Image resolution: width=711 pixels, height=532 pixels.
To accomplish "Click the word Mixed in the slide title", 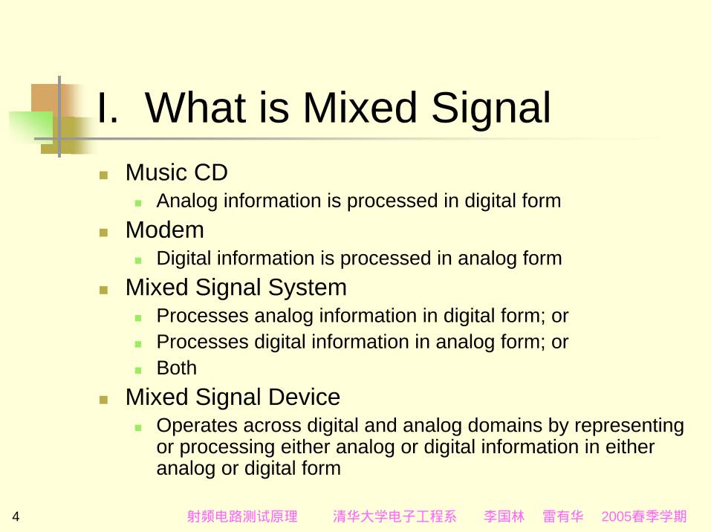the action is click(x=360, y=108).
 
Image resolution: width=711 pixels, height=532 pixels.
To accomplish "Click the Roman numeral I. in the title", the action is click(x=108, y=108).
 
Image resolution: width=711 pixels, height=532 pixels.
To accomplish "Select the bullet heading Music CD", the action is click(x=176, y=172).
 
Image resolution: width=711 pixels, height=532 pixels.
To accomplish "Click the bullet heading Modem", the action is click(x=165, y=230).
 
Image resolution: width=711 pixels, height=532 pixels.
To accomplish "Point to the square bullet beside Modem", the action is click(x=103, y=233).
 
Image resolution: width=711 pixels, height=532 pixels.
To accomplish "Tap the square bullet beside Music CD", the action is click(x=103, y=175).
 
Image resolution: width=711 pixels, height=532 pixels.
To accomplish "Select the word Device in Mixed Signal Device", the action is click(x=304, y=397).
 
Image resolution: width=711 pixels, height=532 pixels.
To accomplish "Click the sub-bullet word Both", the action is click(x=176, y=368).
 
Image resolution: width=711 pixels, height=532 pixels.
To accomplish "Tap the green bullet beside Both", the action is click(x=138, y=370).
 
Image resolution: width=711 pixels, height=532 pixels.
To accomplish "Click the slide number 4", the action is click(x=16, y=516).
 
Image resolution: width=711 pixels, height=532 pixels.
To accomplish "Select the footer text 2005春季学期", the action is click(x=644, y=516).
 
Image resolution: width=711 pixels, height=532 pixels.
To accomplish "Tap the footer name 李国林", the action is click(x=504, y=516).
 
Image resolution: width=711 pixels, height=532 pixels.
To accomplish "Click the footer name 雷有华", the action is click(x=562, y=516).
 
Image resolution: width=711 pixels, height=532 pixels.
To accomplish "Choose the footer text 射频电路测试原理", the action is click(x=242, y=516).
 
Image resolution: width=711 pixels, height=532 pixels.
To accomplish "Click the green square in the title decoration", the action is click(x=31, y=127).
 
